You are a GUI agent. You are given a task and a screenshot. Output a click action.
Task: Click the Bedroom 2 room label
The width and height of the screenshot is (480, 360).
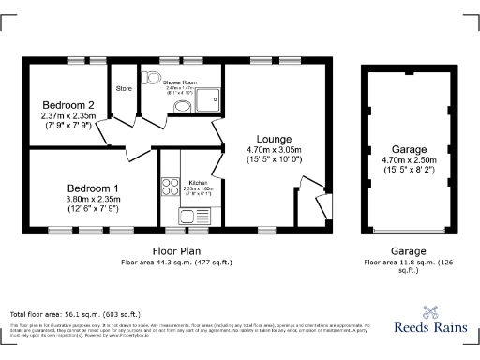68,104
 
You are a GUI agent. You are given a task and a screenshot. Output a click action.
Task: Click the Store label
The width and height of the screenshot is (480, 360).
124,90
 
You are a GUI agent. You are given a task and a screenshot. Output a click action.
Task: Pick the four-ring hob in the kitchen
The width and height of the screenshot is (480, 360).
171,187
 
